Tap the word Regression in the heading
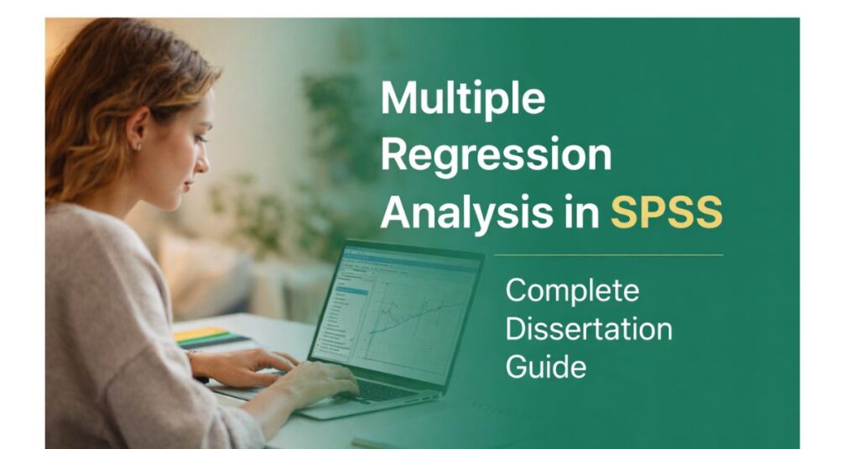(x=496, y=157)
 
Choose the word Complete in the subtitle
(x=572, y=291)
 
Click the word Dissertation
(x=588, y=328)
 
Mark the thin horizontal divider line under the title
(x=607, y=254)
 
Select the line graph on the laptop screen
(x=414, y=311)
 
